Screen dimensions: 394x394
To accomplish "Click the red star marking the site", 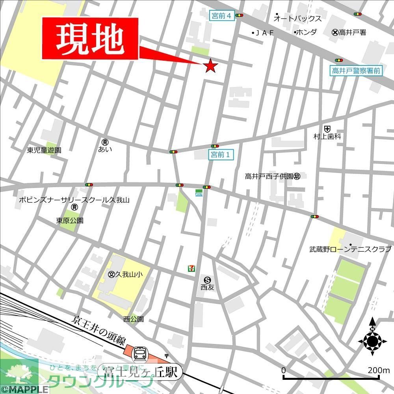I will click(210, 66).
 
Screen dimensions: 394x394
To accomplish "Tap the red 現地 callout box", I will click(90, 39).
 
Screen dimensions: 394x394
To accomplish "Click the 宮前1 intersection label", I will click(221, 155).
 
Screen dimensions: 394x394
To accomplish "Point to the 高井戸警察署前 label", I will click(357, 71).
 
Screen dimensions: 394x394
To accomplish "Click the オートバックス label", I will click(297, 19).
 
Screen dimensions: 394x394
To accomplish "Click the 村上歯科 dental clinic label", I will click(327, 136).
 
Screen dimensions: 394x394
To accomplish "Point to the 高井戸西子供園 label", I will click(269, 177).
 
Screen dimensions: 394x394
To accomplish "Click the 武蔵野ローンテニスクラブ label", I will click(350, 249).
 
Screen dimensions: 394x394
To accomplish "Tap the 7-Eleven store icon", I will click(191, 268).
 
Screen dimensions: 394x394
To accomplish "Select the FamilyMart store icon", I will click(199, 193).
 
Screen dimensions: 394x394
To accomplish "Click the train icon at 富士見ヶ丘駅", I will click(140, 353).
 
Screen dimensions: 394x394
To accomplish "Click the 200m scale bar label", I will click(378, 370).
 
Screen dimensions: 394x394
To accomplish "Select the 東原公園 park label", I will click(70, 221).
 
